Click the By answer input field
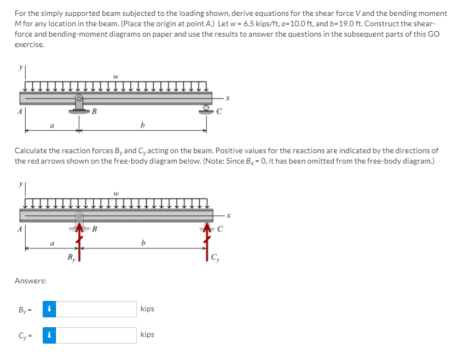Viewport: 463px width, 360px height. click(x=96, y=309)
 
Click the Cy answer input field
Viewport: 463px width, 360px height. click(x=96, y=335)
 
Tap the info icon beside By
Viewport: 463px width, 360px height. click(x=49, y=309)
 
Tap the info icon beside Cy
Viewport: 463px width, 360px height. click(x=49, y=335)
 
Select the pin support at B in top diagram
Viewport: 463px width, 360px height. click(x=79, y=103)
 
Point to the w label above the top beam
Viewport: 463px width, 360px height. click(x=115, y=76)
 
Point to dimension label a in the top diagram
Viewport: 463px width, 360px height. click(x=51, y=125)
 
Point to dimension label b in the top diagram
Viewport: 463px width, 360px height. click(x=142, y=125)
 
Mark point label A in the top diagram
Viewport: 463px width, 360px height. click(x=19, y=112)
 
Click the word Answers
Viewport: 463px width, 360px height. click(x=30, y=281)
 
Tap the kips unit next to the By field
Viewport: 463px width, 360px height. click(x=147, y=309)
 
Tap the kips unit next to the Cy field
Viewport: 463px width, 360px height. click(x=147, y=335)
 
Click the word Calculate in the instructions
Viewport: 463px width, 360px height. click(x=31, y=150)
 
